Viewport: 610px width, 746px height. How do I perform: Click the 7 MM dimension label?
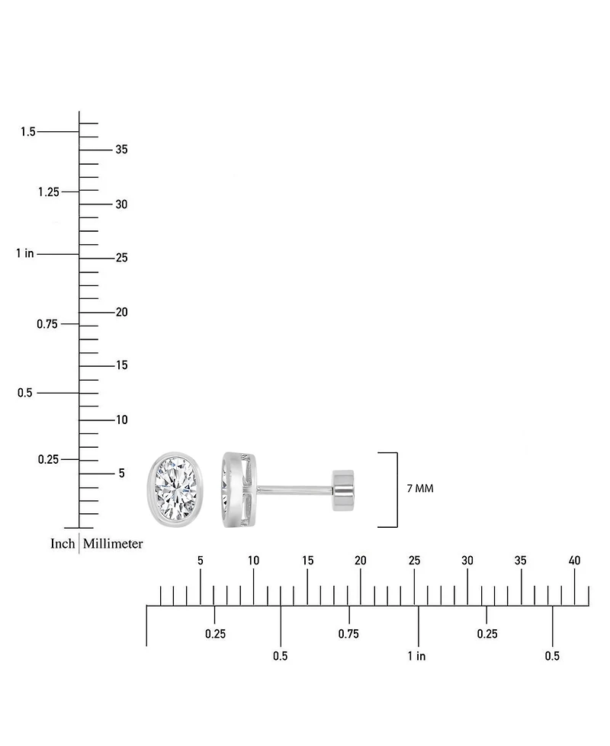point(420,489)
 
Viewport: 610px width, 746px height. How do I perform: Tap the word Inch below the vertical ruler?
point(63,543)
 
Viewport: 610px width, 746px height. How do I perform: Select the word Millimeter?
point(113,543)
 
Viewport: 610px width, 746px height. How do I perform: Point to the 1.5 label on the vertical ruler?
point(28,131)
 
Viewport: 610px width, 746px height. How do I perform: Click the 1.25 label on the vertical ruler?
point(49,191)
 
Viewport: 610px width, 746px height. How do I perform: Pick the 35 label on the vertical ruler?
point(122,150)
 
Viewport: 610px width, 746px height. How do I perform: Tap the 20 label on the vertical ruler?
point(122,312)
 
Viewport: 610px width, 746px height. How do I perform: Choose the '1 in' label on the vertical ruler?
point(24,253)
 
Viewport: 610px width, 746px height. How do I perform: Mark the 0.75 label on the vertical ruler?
point(47,324)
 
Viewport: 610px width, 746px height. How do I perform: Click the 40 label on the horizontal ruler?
point(574,561)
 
